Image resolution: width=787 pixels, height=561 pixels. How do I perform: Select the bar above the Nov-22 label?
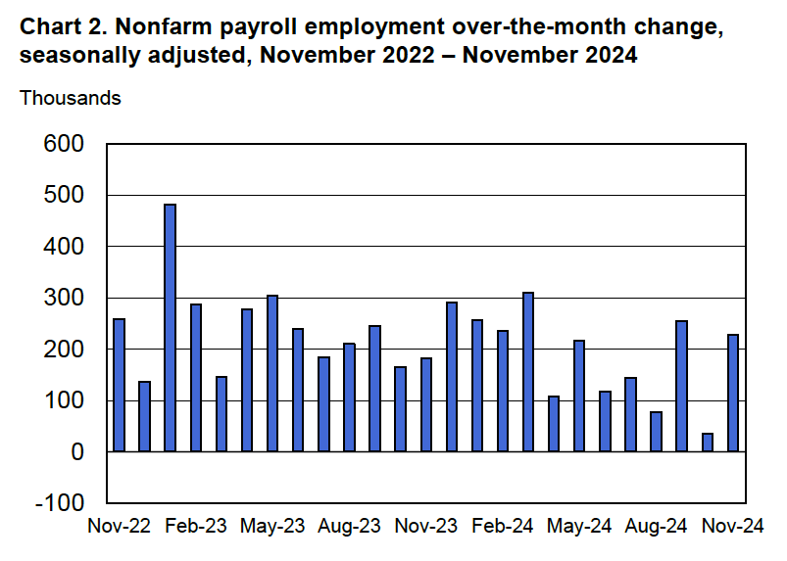(120, 385)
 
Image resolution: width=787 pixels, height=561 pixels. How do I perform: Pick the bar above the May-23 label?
(272, 373)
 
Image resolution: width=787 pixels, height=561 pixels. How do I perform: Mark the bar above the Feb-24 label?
(503, 391)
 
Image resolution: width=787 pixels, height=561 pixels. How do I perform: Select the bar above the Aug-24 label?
(656, 432)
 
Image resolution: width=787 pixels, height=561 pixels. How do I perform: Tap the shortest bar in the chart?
(708, 442)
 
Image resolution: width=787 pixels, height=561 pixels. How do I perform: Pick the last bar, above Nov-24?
(733, 393)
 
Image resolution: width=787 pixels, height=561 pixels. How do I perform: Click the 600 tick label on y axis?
(64, 144)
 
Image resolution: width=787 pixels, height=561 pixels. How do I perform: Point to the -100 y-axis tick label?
(59, 503)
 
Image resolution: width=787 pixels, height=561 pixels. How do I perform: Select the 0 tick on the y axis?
(77, 452)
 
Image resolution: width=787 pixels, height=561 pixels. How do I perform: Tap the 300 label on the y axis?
(64, 298)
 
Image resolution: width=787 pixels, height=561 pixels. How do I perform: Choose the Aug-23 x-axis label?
(349, 527)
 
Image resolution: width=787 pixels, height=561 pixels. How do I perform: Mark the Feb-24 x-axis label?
(503, 527)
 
